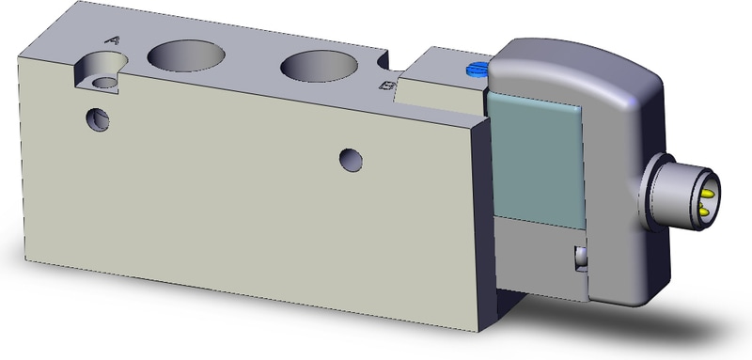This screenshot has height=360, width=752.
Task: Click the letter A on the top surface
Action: pos(113,40)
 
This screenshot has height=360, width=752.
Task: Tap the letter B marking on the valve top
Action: pos(387,86)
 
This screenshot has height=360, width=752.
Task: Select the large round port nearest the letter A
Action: pos(186,55)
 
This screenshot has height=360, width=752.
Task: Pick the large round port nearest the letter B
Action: pos(319,66)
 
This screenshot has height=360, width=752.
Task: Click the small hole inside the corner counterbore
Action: pos(104,83)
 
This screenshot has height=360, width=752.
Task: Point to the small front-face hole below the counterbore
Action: pos(98,119)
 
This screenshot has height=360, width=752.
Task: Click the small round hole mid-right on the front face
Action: pos(351,160)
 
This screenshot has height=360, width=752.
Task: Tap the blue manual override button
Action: pos(477,70)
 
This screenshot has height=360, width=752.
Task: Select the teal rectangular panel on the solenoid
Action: pos(536,161)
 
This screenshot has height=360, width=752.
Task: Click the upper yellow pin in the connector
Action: pos(708,194)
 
